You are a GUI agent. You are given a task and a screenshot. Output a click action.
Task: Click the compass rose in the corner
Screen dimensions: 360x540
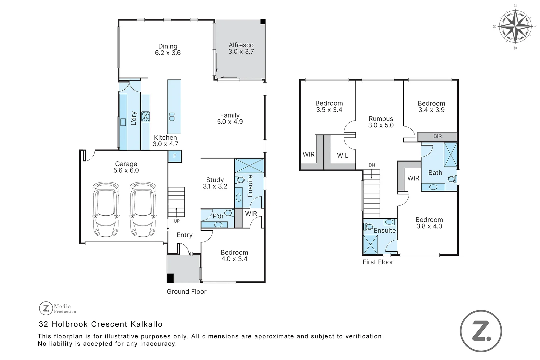(515, 26)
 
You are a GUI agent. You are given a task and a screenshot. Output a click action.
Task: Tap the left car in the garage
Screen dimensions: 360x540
(106, 209)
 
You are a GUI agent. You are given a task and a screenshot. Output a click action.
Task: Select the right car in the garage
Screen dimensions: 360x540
(143, 209)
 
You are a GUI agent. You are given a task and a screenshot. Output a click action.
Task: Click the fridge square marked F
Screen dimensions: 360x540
(175, 156)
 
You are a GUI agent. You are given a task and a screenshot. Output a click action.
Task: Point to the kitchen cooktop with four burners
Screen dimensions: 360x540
(146, 116)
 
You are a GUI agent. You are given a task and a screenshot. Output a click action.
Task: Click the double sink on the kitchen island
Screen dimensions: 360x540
(172, 117)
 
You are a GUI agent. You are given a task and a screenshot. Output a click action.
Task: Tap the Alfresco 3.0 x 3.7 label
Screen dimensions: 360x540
(241, 48)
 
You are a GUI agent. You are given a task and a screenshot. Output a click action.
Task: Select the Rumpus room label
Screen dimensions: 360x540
(381, 122)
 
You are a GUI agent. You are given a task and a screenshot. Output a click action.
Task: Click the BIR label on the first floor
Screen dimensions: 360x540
(437, 136)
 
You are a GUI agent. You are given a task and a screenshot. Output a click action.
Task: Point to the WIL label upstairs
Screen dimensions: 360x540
(342, 155)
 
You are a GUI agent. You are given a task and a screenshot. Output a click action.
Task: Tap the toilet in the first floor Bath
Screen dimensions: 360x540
(452, 179)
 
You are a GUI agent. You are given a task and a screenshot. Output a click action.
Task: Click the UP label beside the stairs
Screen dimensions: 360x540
(177, 221)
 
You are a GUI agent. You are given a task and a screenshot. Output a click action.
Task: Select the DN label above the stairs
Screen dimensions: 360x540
(372, 165)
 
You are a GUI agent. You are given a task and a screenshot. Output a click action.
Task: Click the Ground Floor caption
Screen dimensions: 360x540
(186, 292)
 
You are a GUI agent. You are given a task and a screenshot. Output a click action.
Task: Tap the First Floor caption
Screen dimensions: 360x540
(378, 262)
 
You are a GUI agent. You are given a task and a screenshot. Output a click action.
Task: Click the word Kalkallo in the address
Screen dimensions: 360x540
(146, 324)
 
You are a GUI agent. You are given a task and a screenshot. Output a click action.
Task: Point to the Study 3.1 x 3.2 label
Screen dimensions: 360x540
(215, 183)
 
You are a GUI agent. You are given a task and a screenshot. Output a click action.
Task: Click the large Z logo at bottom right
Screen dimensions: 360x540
(481, 331)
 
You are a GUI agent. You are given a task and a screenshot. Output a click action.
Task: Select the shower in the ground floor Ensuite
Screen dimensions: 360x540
(249, 166)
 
